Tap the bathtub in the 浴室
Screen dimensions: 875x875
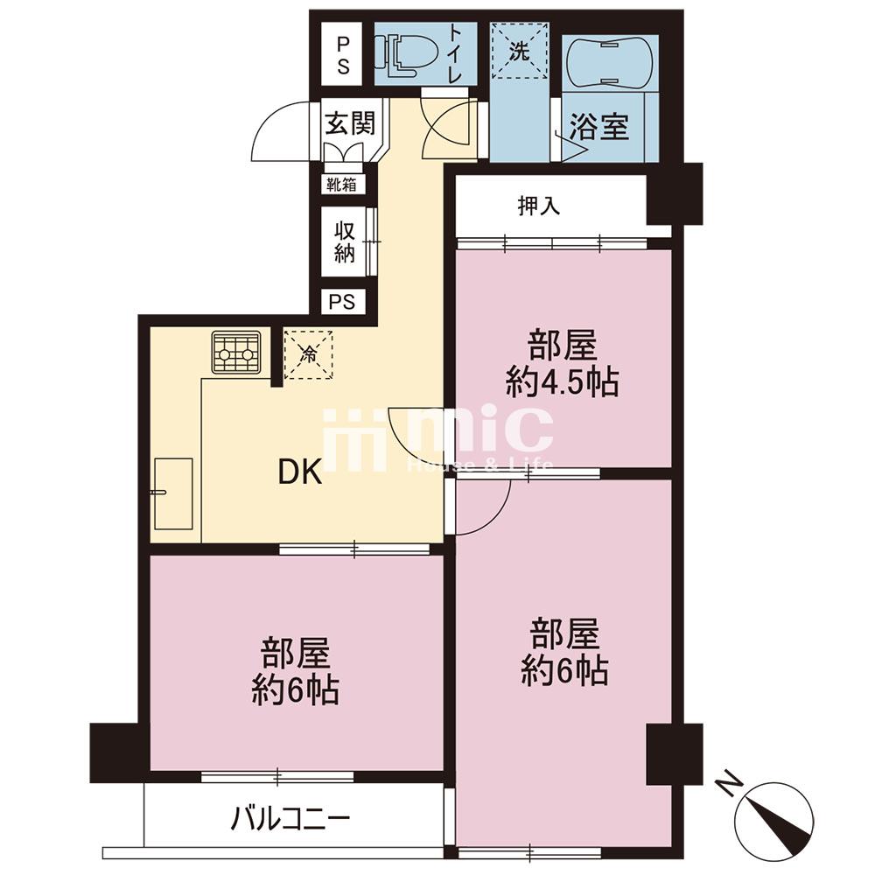pos(609,62)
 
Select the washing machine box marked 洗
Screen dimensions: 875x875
pos(520,51)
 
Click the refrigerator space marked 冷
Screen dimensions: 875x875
pos(308,355)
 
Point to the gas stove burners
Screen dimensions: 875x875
pos(236,352)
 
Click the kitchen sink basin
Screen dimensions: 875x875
pos(173,493)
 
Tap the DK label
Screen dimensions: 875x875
pos(300,472)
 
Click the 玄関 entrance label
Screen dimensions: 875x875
pos(351,124)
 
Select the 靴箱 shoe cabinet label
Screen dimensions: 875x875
pos(342,185)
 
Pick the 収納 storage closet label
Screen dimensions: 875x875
pos(344,242)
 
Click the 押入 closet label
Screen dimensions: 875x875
pos(539,206)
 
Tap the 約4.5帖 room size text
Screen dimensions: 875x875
pos(562,383)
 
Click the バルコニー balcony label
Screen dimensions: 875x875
pos(290,819)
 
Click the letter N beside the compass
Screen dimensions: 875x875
pos(730,784)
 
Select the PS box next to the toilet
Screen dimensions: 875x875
pos(343,54)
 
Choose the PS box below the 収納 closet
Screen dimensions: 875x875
pos(342,302)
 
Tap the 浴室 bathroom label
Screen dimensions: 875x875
pos(598,127)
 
